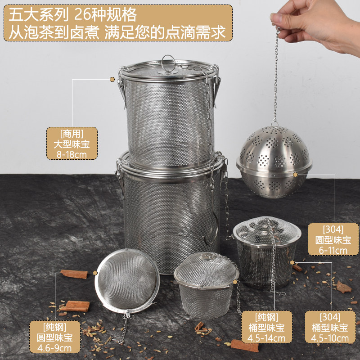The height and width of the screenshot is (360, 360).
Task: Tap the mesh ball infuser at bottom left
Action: click(x=127, y=281)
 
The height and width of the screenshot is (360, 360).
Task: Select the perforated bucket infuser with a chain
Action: click(x=266, y=252)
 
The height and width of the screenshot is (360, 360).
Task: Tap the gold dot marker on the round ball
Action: click(x=296, y=174)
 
